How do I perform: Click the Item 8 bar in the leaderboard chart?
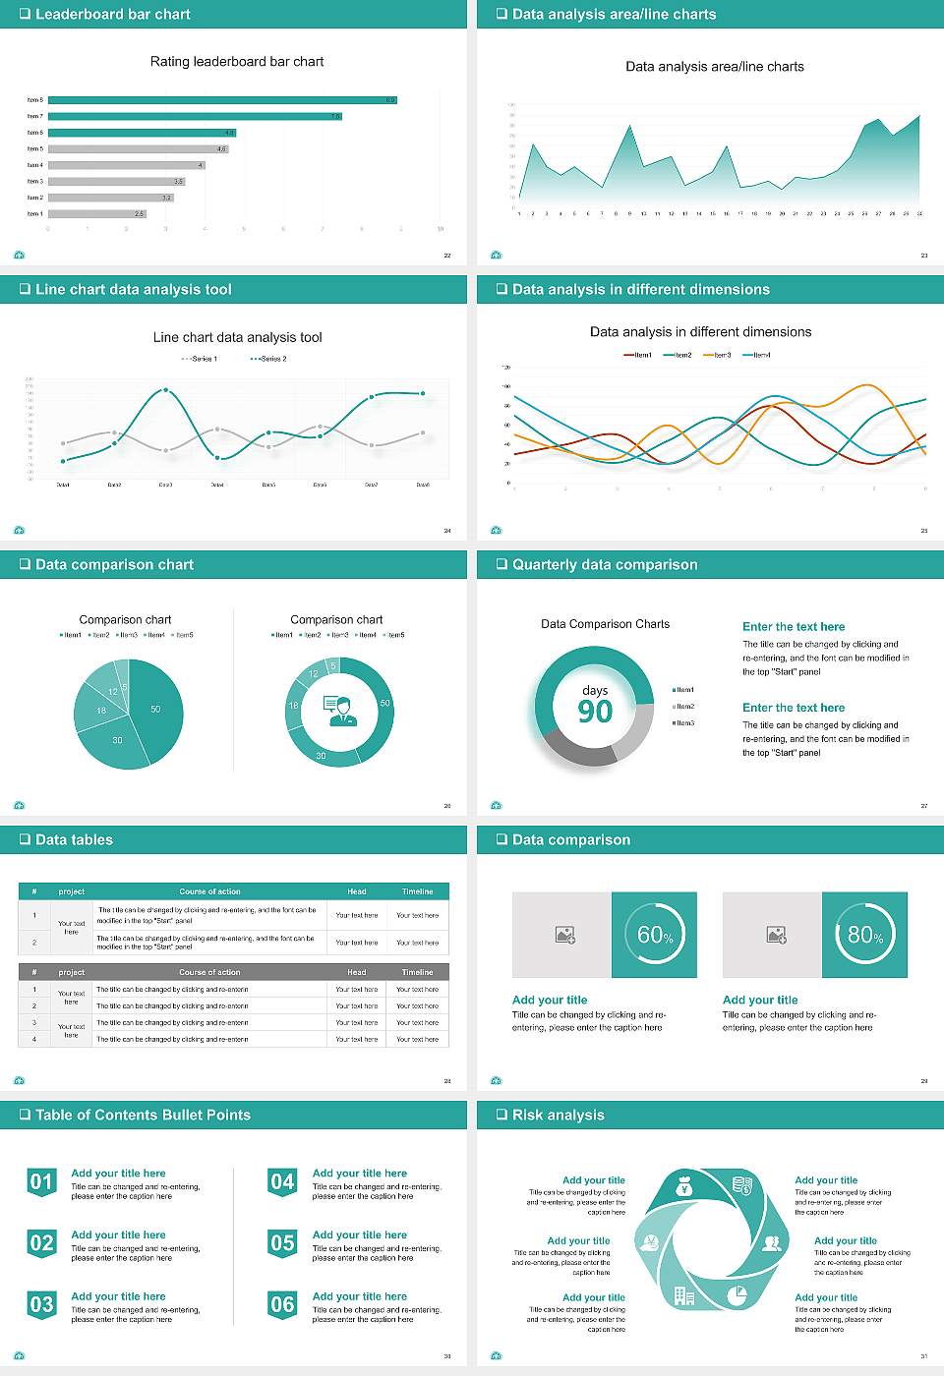pos(221,100)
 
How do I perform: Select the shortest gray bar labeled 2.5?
pos(96,213)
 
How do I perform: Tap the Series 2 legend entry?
pos(268,359)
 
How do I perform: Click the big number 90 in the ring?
pos(595,712)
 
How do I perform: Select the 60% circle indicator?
pos(654,935)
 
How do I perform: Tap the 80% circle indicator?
pos(864,935)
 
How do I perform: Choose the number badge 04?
pos(282,1182)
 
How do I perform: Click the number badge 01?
pos(41,1182)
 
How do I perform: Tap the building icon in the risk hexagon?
pos(684,1295)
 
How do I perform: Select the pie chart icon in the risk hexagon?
pos(736,1296)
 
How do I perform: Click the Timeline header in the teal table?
pos(417,891)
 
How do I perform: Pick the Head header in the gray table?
pos(356,972)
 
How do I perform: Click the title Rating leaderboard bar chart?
pos(237,62)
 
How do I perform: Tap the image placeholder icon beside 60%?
pos(564,935)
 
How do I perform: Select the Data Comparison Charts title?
pos(605,624)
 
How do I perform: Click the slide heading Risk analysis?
pos(558,1115)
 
